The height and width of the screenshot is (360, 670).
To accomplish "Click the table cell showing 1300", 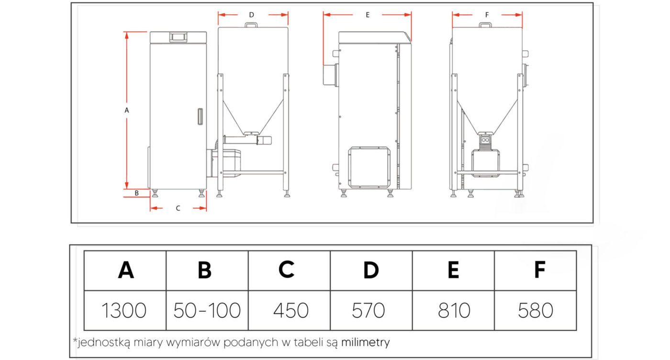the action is point(125,310).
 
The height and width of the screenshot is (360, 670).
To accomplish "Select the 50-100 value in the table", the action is point(207,310).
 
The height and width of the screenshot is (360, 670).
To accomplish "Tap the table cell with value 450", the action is point(289,310).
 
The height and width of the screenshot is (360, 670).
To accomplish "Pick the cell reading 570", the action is point(371,310).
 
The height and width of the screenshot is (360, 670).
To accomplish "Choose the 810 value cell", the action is point(454,310).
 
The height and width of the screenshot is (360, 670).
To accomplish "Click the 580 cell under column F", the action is point(536,310).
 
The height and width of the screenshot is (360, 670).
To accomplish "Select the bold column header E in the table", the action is point(454,270).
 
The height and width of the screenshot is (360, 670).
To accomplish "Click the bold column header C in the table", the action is point(287,270).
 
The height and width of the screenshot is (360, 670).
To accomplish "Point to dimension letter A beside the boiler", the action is point(126,111).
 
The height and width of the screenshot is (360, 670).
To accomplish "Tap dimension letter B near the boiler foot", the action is point(137,193).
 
